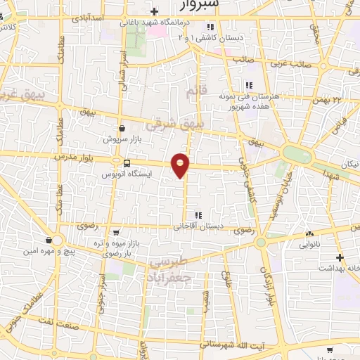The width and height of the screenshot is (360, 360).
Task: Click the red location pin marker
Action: coord(181,165)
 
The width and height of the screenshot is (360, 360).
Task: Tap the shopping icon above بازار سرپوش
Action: coord(122,129)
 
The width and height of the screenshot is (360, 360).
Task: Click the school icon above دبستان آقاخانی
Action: coord(199,215)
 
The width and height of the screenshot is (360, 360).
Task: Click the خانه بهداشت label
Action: coord(337,268)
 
